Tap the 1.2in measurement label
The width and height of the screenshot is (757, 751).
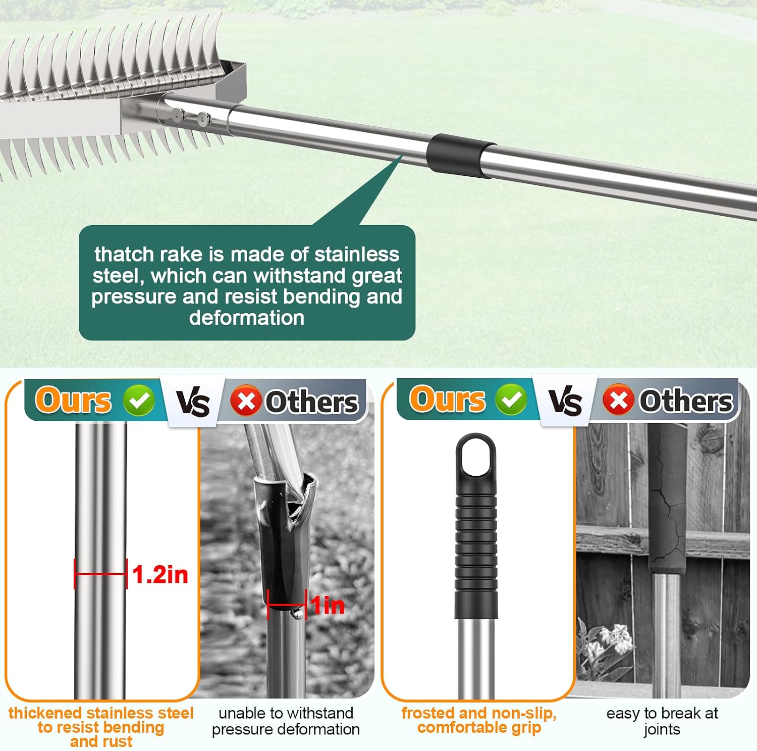coord(160,575)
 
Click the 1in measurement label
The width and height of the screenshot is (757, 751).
coord(328,605)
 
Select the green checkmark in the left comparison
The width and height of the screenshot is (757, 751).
coord(139,400)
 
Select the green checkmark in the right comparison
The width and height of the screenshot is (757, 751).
coord(511,399)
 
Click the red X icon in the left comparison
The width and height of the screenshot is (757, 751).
coord(246,401)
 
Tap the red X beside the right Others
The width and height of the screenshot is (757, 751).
coord(618,399)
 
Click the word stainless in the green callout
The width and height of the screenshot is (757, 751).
coord(356,254)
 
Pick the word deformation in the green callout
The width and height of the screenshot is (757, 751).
coord(247,318)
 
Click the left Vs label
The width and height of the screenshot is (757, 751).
coord(193,403)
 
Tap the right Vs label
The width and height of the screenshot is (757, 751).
coord(565,402)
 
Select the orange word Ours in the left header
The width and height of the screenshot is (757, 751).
coord(74,400)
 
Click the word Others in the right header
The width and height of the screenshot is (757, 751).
coord(686,401)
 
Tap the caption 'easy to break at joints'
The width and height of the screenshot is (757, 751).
coord(662,721)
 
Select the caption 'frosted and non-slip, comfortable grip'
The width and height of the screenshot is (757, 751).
coord(479,720)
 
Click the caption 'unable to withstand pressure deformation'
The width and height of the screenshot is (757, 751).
coord(286,721)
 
